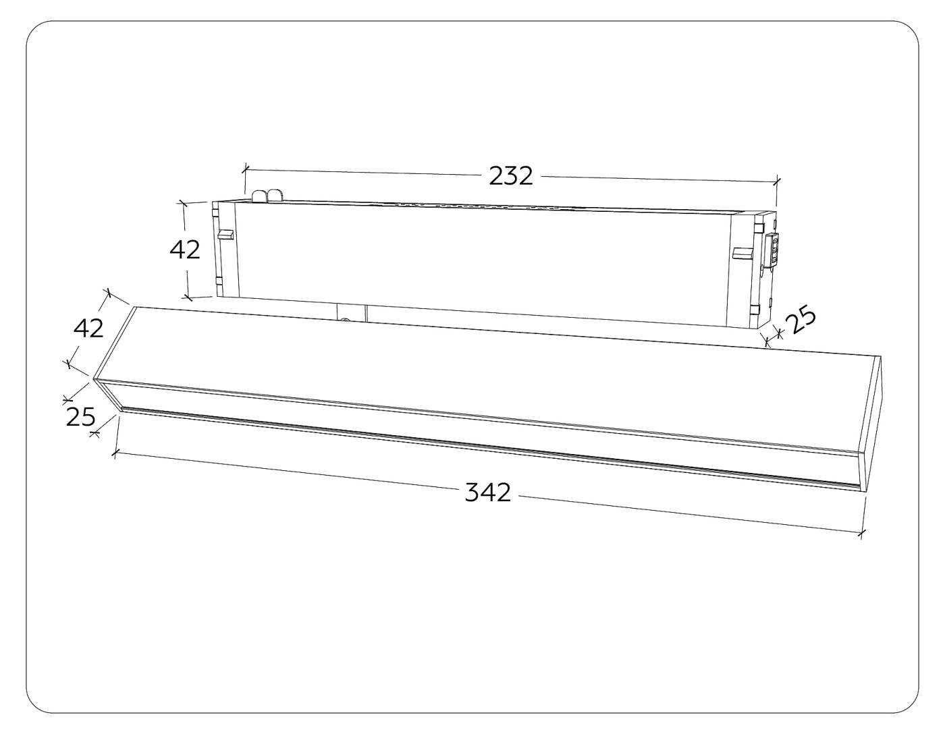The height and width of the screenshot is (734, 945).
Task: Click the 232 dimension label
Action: tap(511, 176)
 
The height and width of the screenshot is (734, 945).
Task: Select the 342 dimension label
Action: tap(488, 492)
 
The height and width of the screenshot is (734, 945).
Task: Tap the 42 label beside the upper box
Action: tap(185, 250)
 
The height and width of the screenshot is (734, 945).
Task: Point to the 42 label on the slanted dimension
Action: tap(88, 328)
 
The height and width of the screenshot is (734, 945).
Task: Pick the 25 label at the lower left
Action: tap(80, 417)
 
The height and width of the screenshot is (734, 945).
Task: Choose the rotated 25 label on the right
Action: tap(802, 320)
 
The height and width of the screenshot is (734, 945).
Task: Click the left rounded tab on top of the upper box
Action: tap(260, 196)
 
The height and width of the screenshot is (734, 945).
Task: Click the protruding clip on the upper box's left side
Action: tap(225, 235)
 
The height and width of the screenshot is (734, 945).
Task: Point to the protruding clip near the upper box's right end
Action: tap(742, 253)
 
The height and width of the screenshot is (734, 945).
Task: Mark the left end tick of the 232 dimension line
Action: tap(246, 169)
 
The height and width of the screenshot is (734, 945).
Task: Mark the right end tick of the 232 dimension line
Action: tap(777, 181)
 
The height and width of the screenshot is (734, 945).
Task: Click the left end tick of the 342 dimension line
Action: tap(115, 453)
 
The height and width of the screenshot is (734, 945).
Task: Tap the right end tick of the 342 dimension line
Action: tap(861, 534)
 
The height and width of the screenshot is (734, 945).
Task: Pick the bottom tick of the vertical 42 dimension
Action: tap(188, 296)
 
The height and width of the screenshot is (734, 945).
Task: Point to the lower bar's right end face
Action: tap(874, 424)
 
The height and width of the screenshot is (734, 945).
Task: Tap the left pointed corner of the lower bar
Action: tap(95, 380)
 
